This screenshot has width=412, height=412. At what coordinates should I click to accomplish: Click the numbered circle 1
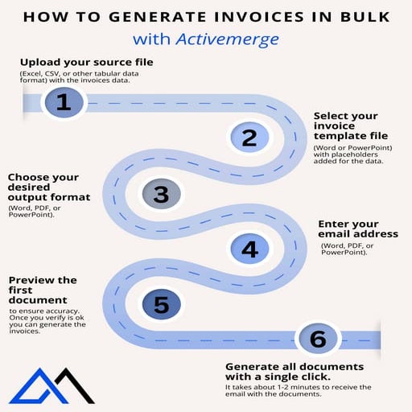pyautogui.click(x=64, y=103)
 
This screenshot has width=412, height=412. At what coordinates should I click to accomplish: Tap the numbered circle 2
pyautogui.click(x=249, y=138)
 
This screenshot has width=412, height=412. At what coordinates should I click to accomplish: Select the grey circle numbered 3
pyautogui.click(x=161, y=194)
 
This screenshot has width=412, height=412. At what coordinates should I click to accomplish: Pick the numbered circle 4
pyautogui.click(x=249, y=249)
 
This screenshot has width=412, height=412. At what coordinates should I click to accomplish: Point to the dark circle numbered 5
pyautogui.click(x=161, y=304)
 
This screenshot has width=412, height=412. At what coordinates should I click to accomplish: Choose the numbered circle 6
pyautogui.click(x=317, y=339)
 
